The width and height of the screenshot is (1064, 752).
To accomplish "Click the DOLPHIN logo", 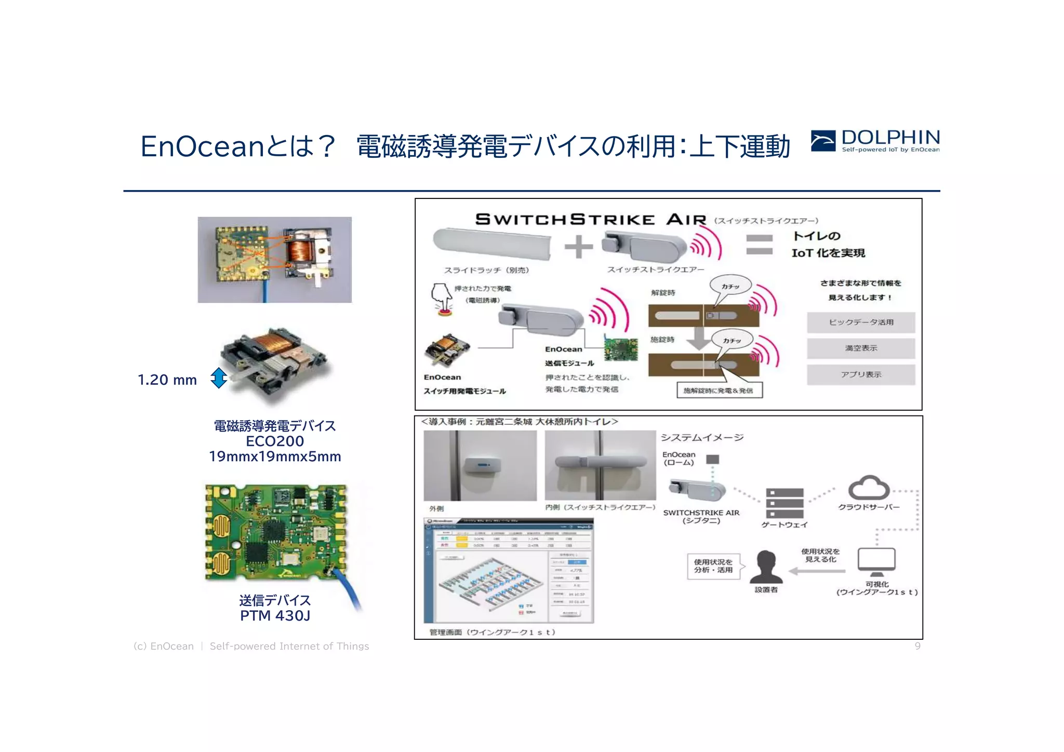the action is pos(875,141).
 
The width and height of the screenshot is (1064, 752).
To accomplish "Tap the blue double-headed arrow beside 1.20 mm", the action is pos(219,378).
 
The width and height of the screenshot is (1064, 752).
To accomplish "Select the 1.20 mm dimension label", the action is pos(167,380).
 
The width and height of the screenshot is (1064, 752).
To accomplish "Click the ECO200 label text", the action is pos(275,441).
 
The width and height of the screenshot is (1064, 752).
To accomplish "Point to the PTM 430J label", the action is pos(275,616).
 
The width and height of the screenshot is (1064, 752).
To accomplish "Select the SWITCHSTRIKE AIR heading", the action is pos(590,220).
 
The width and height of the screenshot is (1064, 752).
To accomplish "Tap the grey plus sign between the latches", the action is pos(578,247).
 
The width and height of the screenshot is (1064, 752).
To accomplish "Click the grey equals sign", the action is pos(759,245).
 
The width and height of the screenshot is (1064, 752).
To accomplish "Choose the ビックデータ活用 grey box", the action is pos(861,323).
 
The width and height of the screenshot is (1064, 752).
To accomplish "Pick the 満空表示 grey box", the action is pos(861,348).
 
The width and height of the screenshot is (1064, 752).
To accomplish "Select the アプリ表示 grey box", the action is pos(861,374).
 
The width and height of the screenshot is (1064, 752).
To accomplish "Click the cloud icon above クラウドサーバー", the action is pos(869,488).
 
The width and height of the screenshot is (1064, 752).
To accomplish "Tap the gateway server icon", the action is pos(784,503).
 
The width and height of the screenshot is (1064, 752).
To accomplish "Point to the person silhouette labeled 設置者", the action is pos(766,567).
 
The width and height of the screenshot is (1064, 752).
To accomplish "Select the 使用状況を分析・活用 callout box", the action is pos(713,566).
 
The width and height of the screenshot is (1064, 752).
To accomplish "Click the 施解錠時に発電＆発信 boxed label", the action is pos(720,391).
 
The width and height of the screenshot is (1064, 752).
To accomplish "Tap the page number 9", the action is pos(917,646).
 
